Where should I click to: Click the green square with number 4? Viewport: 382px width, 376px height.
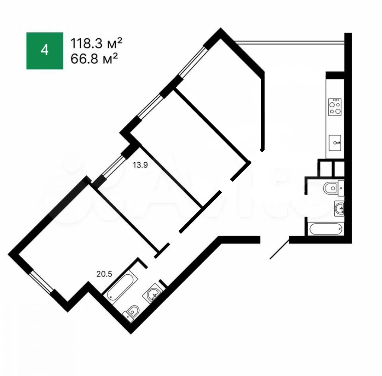45,51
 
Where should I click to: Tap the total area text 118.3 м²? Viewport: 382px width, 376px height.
96,43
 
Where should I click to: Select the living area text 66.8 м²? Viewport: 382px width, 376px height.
94,58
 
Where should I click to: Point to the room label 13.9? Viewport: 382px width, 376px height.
140,165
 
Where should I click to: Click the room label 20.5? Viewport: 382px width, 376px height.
104,274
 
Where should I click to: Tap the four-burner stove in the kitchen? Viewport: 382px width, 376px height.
335,107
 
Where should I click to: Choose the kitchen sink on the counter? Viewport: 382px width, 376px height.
335,143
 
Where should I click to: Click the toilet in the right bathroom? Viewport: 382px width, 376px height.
334,188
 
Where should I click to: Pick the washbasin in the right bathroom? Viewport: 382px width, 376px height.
339,208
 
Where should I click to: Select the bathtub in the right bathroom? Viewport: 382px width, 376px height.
326,229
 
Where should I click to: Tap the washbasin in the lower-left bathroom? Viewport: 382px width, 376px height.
153,293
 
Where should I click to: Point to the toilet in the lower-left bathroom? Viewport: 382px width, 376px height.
131,313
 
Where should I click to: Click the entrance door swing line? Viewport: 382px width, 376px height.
280,249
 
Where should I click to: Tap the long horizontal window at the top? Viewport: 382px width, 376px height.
289,43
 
